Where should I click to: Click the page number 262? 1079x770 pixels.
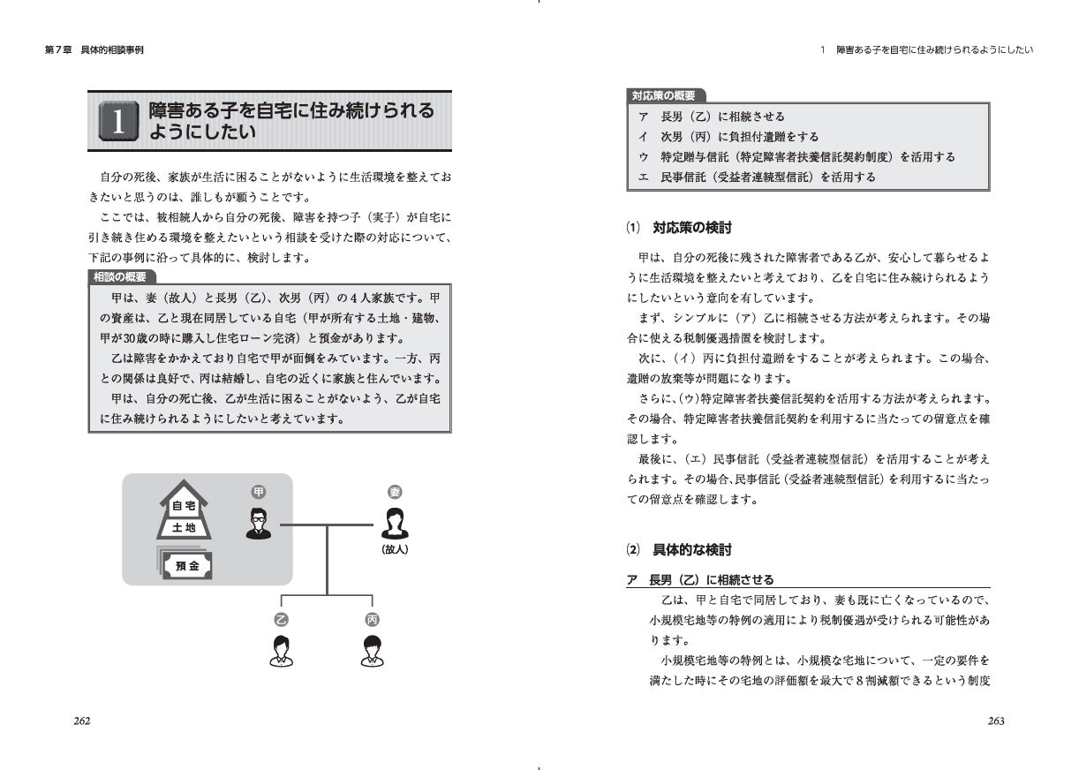(82, 721)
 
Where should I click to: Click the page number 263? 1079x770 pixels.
(996, 721)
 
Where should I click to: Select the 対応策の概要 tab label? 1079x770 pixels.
(663, 95)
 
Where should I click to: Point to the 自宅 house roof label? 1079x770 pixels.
(184, 506)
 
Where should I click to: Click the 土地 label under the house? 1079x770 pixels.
(184, 528)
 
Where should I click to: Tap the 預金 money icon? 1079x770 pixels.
(186, 565)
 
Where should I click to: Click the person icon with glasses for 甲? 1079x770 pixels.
(259, 525)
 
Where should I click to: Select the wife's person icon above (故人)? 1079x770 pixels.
(395, 525)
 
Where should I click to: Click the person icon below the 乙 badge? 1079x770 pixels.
(281, 651)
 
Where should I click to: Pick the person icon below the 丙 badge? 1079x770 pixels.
(372, 651)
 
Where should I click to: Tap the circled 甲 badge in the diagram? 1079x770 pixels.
(259, 492)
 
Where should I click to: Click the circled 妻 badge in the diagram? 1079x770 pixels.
(395, 492)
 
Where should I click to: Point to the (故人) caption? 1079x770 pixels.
(395, 548)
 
